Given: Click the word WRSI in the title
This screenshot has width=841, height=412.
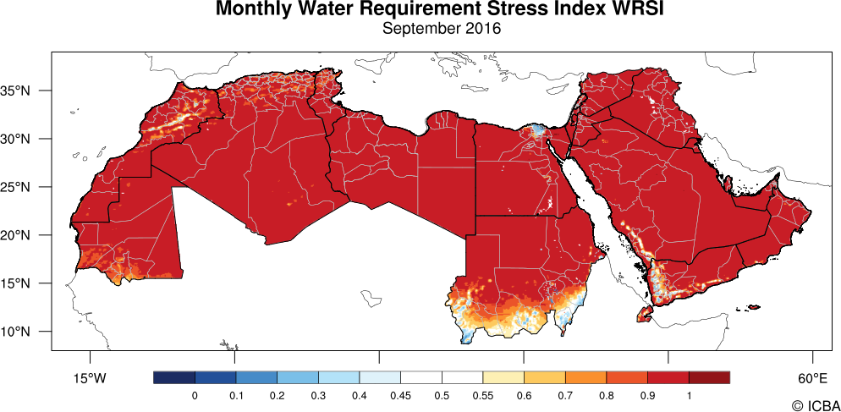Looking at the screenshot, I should click(600, 9).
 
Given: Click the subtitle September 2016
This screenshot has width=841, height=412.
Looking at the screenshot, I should click(441, 29).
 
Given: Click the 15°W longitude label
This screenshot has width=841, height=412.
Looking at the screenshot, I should click(88, 377).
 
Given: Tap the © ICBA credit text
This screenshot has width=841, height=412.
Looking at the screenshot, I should click(810, 405).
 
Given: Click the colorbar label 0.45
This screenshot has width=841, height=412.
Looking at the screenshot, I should click(400, 395).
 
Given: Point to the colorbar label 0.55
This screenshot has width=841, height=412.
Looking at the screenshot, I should click(482, 395).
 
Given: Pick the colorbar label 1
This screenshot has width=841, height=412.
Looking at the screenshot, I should click(689, 395).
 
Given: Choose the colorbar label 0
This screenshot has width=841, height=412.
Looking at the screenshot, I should click(195, 395).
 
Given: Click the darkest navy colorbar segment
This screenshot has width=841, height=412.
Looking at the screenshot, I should click(174, 377).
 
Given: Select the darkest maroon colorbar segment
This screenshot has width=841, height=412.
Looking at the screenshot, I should click(709, 377).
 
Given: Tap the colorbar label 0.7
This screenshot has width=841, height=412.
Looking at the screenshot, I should click(565, 395).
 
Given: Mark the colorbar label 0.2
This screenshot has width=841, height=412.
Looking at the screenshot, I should click(277, 395).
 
